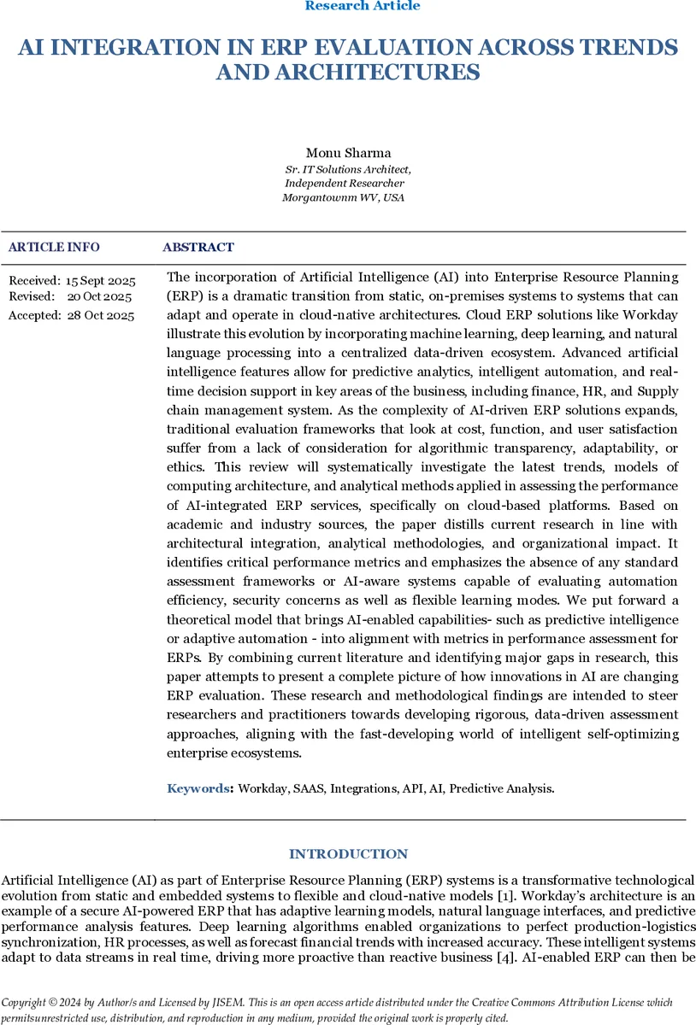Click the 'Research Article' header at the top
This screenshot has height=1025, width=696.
point(363,6)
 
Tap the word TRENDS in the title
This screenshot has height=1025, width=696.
point(624,48)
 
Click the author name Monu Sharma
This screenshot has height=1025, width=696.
point(347,154)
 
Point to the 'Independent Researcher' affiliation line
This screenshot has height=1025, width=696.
point(345,183)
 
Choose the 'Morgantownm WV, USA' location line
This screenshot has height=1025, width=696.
point(344,197)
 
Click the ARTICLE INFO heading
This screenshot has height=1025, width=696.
point(54,248)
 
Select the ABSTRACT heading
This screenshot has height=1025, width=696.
point(198,248)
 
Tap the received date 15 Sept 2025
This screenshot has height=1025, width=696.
point(100,281)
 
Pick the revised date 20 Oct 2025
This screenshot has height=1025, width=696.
point(100,296)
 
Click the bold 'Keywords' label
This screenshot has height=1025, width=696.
point(199,788)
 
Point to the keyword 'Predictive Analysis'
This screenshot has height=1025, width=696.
point(501,788)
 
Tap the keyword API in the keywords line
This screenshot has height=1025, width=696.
point(413,788)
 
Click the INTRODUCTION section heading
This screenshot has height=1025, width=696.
point(348,854)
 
